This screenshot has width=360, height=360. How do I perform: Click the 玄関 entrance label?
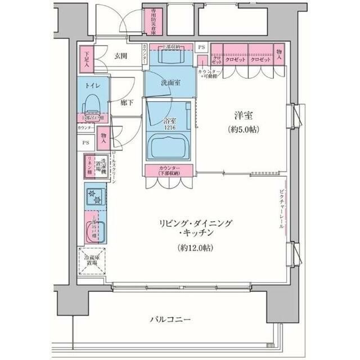(x=120, y=56)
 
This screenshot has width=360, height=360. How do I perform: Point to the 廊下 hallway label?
(x=127, y=103)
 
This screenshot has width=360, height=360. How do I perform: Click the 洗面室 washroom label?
(x=170, y=83)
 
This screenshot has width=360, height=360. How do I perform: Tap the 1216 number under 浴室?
(x=170, y=128)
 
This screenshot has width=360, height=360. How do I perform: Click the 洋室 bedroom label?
(x=243, y=116)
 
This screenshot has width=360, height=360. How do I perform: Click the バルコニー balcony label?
(x=170, y=320)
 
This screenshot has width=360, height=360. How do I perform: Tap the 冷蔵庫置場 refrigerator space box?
(x=91, y=262)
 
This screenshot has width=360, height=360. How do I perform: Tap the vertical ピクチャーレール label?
(x=281, y=208)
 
